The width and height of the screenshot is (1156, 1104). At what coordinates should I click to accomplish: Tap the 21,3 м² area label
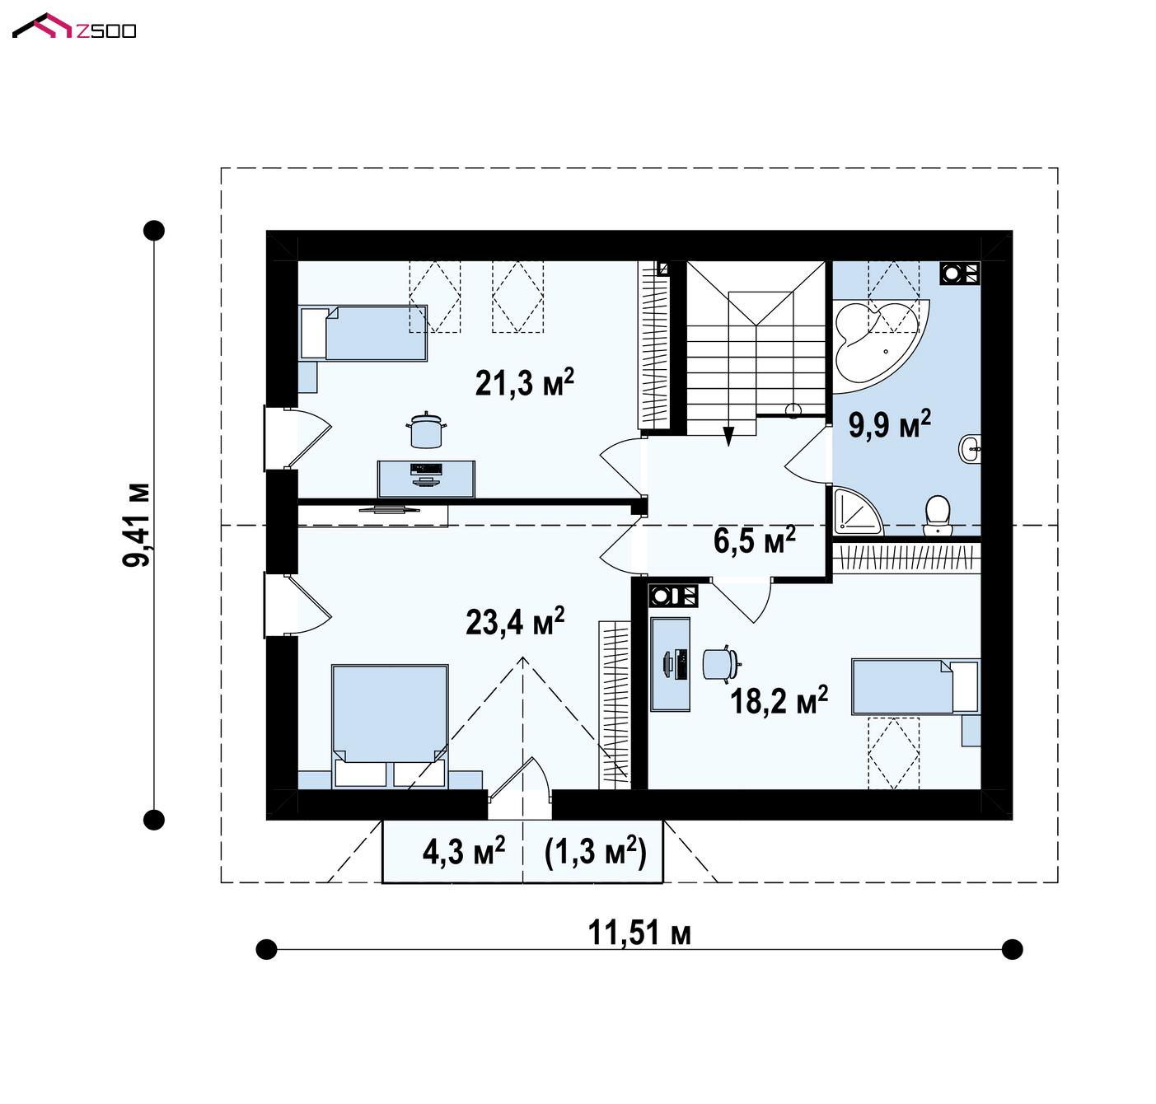525,382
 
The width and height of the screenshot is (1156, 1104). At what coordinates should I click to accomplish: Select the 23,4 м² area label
515,622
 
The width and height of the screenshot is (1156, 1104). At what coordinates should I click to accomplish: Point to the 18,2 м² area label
779,700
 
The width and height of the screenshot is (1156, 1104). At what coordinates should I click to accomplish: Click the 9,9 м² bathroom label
889,424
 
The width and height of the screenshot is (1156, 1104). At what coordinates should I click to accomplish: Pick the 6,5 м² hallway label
755,540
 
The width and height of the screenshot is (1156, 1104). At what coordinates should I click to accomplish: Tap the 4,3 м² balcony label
464,852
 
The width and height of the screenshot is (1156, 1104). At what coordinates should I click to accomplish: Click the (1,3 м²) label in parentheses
595,852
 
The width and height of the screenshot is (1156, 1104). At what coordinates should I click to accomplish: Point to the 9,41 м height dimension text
136,524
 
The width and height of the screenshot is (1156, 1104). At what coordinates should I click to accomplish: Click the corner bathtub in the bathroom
881,346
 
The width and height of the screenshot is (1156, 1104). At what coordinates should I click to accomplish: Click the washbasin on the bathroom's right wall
969,449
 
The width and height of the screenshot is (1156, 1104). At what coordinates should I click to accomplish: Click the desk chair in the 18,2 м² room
722,662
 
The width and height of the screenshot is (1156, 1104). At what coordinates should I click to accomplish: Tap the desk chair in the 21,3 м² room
426,429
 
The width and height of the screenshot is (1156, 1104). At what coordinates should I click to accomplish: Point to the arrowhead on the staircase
728,436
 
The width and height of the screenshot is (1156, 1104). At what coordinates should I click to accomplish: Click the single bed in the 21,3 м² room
363,333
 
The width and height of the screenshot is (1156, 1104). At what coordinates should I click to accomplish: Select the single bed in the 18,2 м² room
915,686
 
